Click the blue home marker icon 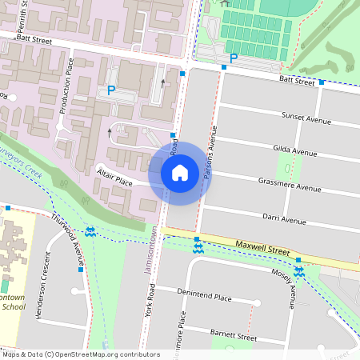(180, 173)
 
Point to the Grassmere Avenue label (289, 186)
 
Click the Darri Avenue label (284, 221)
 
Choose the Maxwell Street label (262, 246)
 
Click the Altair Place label (114, 177)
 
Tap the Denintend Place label (204, 298)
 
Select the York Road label (150, 309)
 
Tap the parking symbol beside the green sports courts (234, 58)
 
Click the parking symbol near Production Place (111, 91)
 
